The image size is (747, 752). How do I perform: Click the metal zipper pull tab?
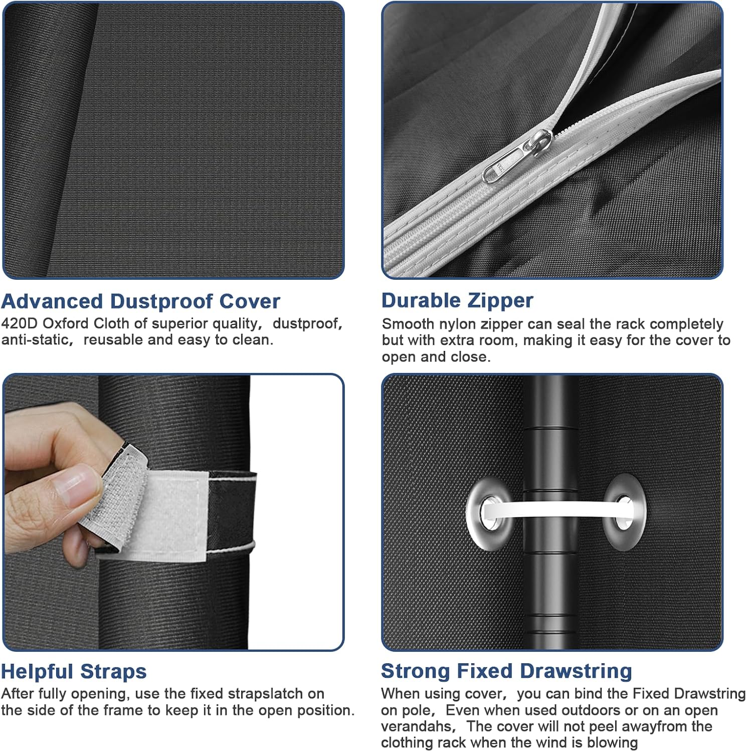pos(516,157)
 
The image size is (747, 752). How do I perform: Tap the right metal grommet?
pos(624,511)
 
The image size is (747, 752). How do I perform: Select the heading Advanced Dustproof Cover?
pos(141,301)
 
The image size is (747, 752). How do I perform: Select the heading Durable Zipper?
pos(457,300)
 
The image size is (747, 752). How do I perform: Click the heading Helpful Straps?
pos(74,671)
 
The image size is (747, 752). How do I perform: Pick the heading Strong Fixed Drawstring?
pos(506,671)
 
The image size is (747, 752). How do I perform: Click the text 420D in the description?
pos(20,323)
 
